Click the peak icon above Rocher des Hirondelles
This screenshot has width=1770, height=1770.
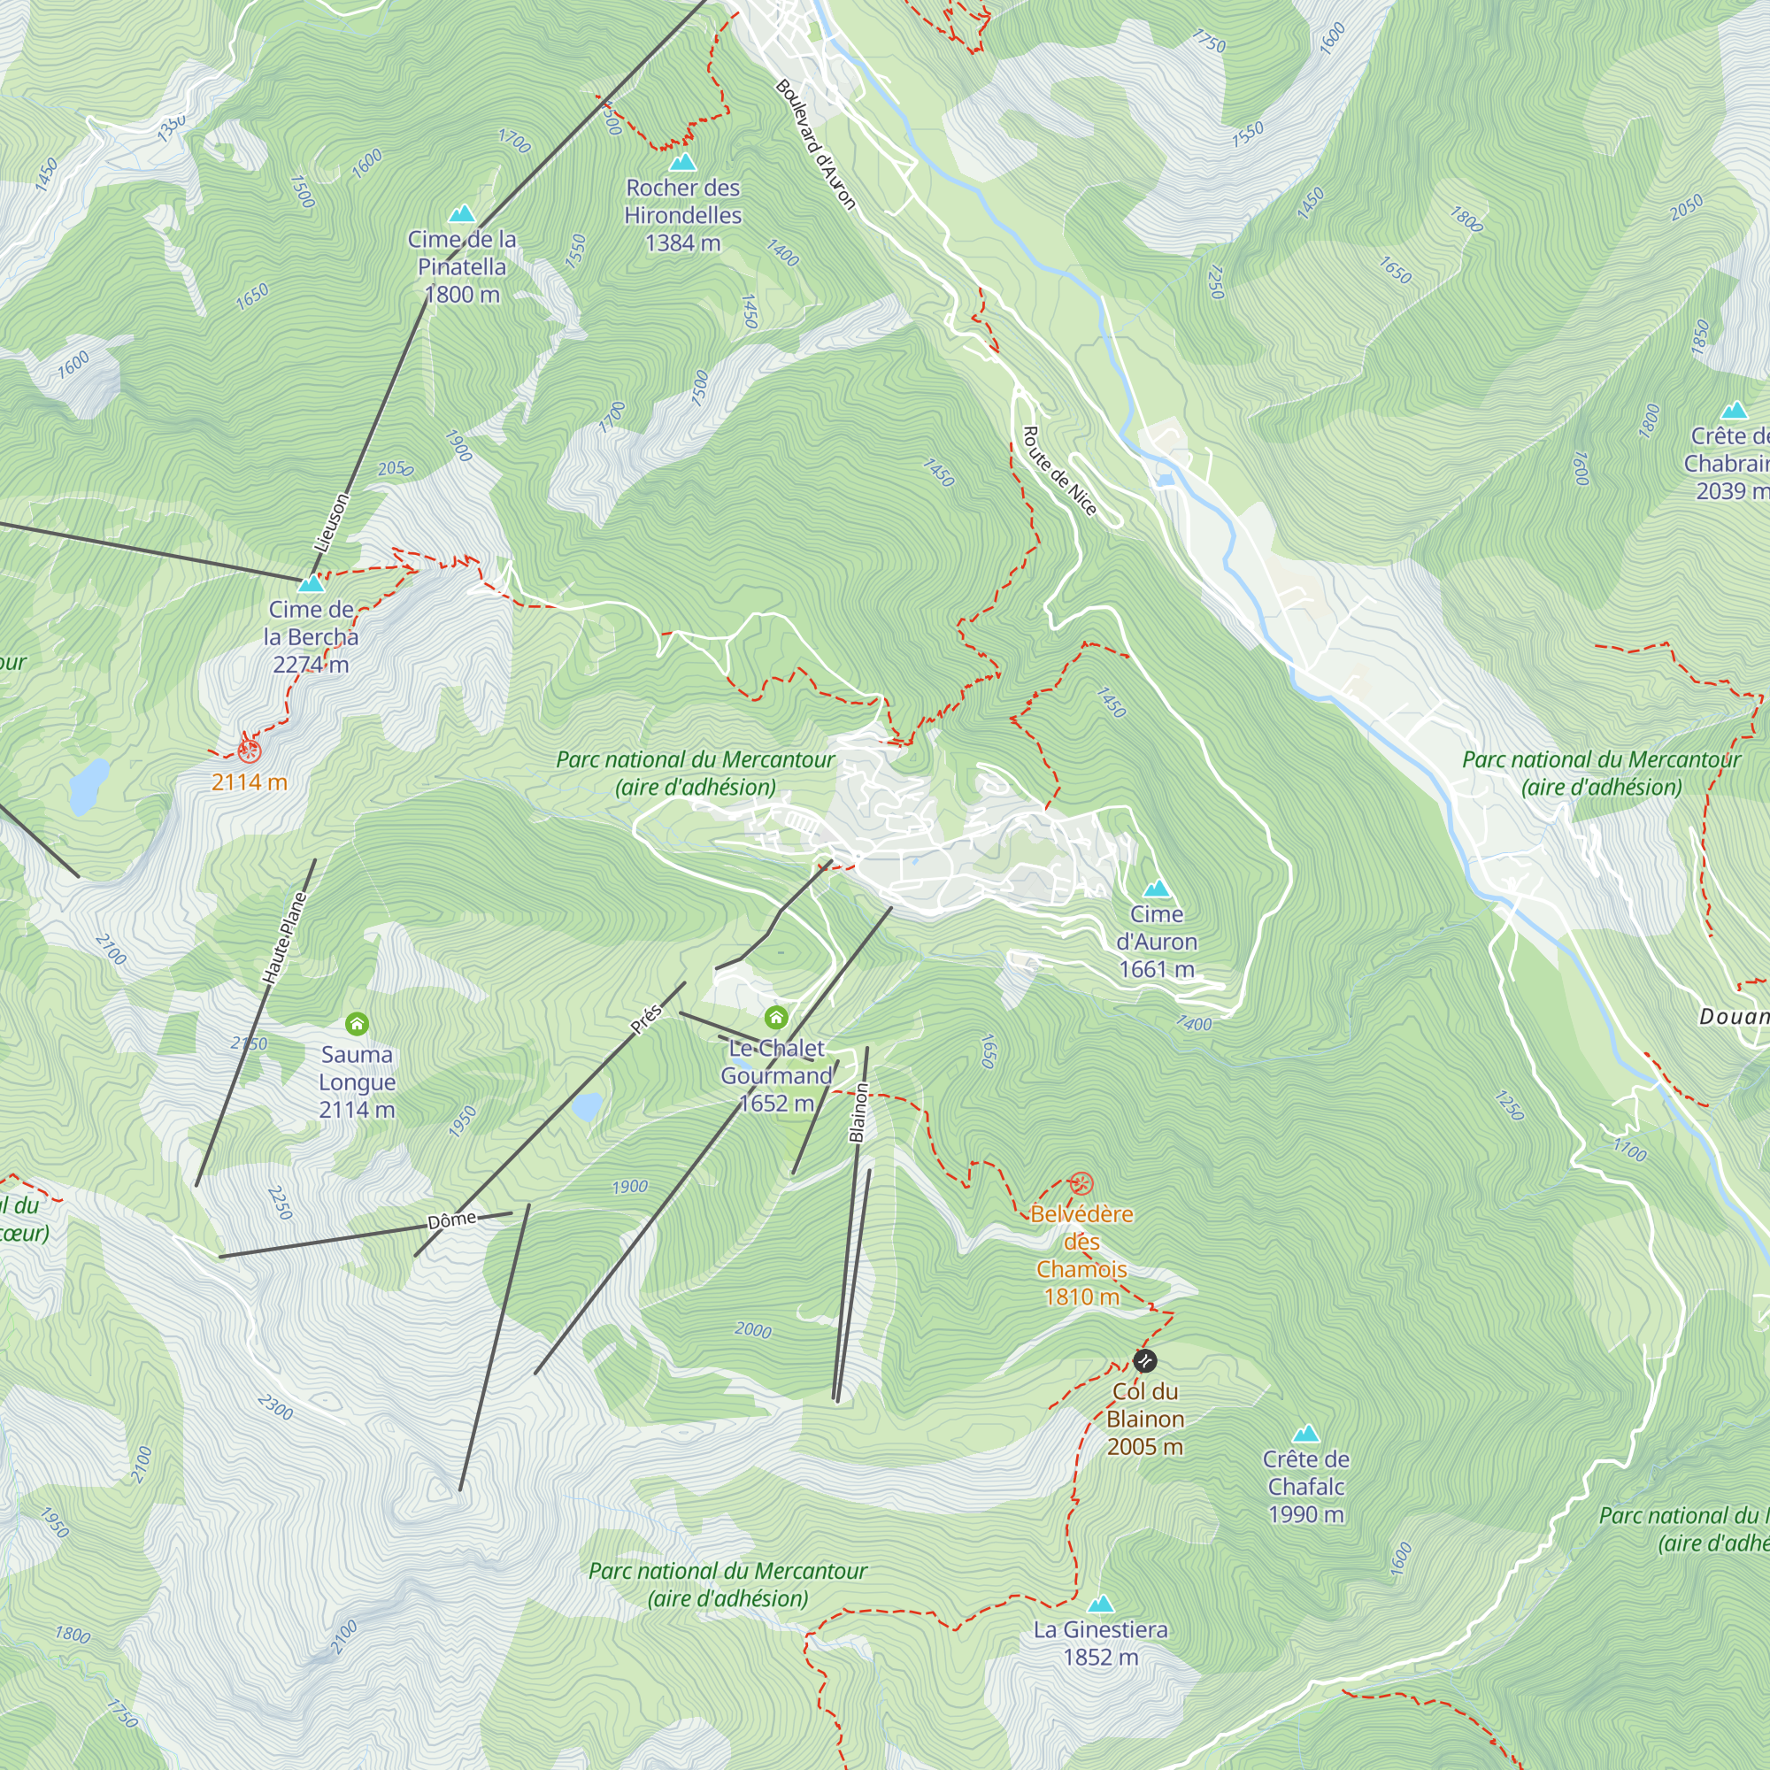(682, 163)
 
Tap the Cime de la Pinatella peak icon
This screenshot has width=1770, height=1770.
(462, 214)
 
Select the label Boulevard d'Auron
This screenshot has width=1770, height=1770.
(815, 145)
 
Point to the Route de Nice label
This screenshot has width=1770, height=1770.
(1059, 471)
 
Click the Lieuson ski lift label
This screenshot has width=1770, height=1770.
(332, 522)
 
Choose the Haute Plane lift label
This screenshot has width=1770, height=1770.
(284, 938)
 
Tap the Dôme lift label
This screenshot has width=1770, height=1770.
(452, 1220)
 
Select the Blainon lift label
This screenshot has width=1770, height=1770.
(858, 1112)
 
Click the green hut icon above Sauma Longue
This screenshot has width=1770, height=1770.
(357, 1023)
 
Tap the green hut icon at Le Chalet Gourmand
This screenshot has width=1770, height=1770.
(776, 1017)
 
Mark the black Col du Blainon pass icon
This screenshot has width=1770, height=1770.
(1145, 1360)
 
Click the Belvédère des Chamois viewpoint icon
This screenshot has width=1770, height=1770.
(1082, 1182)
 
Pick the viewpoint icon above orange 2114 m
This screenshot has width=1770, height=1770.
(250, 751)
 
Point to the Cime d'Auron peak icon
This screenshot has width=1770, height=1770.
(1157, 889)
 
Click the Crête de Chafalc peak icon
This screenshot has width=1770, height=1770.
(1305, 1434)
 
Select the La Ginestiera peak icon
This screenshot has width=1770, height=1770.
(1100, 1605)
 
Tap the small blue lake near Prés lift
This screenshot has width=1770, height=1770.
(587, 1107)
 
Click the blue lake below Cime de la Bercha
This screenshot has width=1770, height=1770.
(88, 785)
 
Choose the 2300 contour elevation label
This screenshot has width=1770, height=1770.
(275, 1406)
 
